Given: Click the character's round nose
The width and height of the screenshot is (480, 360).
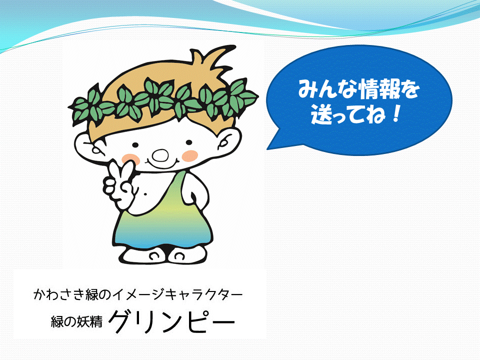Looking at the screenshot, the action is pos(160,155).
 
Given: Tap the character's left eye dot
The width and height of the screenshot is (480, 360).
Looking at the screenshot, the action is pos(135,145).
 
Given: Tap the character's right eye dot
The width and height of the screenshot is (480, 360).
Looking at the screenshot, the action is pos(189,142).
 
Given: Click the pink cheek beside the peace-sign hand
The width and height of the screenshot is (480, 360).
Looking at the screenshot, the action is pos(130,159).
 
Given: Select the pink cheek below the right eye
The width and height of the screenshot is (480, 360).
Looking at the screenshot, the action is pos(190,155).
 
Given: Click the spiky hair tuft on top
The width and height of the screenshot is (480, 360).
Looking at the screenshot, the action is pos(211,58).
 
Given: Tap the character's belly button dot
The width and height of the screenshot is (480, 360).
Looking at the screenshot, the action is pos(145,193).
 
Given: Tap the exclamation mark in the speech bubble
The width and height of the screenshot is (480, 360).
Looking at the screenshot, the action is pos(396,114).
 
